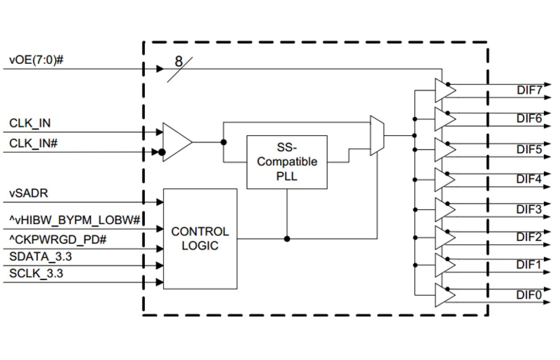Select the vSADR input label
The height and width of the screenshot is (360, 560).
pyautogui.click(x=29, y=194)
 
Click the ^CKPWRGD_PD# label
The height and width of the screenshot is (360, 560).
pyautogui.click(x=58, y=240)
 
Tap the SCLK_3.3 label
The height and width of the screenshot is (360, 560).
pyautogui.click(x=36, y=273)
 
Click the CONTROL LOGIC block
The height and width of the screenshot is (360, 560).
pyautogui.click(x=200, y=239)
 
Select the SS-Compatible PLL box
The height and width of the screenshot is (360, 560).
pyautogui.click(x=287, y=161)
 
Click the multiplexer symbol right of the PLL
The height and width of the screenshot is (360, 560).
pyautogui.click(x=376, y=136)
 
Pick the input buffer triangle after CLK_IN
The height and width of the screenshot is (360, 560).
pyautogui.click(x=176, y=142)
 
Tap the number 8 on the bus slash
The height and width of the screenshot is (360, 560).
pyautogui.click(x=178, y=62)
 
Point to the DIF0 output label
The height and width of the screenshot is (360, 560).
pyautogui.click(x=529, y=295)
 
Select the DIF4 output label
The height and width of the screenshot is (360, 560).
pyautogui.click(x=529, y=179)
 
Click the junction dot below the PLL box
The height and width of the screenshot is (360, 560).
pyautogui.click(x=287, y=239)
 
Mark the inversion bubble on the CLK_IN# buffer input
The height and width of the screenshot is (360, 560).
pyautogui.click(x=162, y=153)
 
